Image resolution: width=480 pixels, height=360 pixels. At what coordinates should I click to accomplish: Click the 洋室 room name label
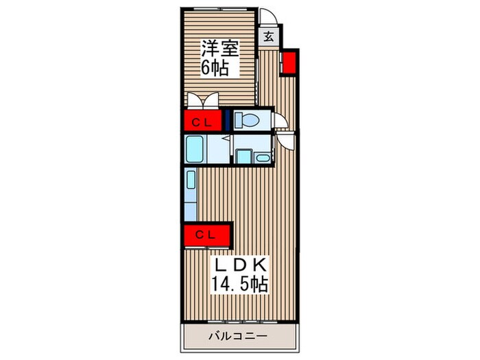click(x=219, y=49)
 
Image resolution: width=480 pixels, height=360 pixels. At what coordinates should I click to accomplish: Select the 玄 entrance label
click(x=269, y=37)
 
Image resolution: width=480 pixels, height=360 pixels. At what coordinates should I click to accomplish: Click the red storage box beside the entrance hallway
click(x=289, y=63)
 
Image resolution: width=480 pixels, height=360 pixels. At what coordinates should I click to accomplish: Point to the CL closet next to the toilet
click(x=202, y=120)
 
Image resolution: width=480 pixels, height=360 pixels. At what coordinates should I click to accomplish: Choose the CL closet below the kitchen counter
click(x=206, y=235)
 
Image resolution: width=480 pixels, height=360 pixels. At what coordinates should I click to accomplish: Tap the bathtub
click(x=194, y=149)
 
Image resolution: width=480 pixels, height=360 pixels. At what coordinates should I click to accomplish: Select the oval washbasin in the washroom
click(x=263, y=158)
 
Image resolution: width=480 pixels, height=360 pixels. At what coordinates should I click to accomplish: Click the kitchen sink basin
click(x=191, y=180)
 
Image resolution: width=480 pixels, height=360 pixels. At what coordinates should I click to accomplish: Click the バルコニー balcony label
click(x=238, y=336)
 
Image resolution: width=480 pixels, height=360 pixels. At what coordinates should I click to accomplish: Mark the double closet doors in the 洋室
click(x=203, y=100)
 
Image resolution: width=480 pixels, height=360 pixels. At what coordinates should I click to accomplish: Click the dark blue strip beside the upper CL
click(x=228, y=120)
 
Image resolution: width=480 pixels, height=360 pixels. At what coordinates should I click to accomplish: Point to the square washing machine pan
click(x=245, y=156)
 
